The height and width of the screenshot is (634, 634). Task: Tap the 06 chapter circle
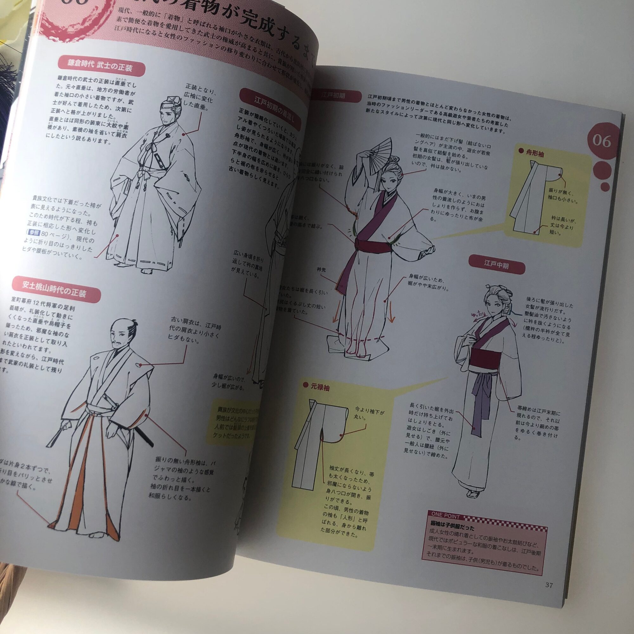click(x=602, y=142)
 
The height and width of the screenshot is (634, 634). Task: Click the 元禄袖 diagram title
click(x=320, y=388)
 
